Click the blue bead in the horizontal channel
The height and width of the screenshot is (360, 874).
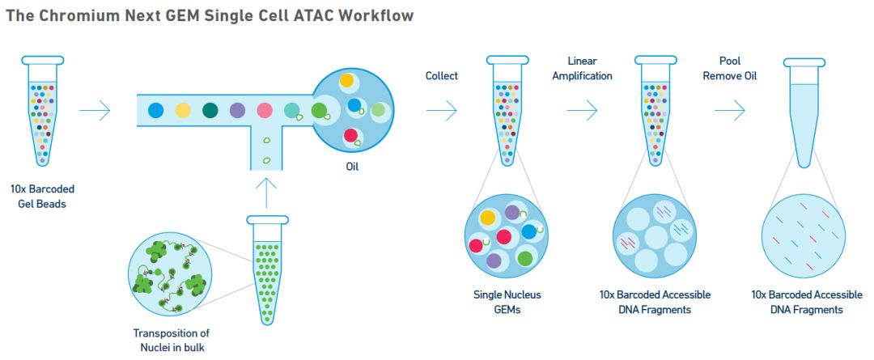155,110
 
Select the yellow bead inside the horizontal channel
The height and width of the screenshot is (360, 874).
184,110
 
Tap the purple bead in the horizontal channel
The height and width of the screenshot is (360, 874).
238,110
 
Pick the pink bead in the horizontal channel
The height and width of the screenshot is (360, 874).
265,110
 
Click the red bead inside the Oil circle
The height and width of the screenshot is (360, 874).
351,135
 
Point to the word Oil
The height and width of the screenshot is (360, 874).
351,167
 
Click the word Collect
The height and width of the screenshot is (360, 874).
442,76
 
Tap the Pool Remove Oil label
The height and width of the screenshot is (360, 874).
729,69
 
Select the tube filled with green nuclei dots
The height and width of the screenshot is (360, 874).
267,267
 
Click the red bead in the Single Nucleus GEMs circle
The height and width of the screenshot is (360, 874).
504,237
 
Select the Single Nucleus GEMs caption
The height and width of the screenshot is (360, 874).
507,302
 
